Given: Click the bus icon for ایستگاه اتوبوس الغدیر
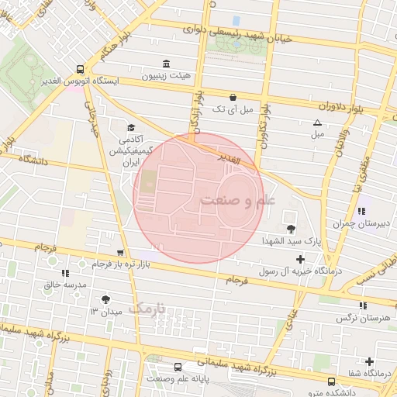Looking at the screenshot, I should [x=81, y=68].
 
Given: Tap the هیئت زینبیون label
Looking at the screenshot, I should [x=164, y=78].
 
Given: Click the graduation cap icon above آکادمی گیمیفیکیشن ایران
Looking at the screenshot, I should [x=131, y=128].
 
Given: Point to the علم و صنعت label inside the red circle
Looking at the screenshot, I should [x=237, y=200].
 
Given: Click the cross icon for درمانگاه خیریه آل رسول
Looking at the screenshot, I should [x=301, y=257].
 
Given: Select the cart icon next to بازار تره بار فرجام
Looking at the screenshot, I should [x=119, y=253].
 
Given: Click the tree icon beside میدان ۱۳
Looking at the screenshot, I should [x=105, y=299].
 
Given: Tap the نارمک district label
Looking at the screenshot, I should [x=147, y=308].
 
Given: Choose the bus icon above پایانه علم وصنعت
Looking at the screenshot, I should [x=178, y=367].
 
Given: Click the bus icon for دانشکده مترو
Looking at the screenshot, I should [x=332, y=381].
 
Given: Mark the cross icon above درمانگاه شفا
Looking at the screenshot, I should [x=369, y=362].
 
